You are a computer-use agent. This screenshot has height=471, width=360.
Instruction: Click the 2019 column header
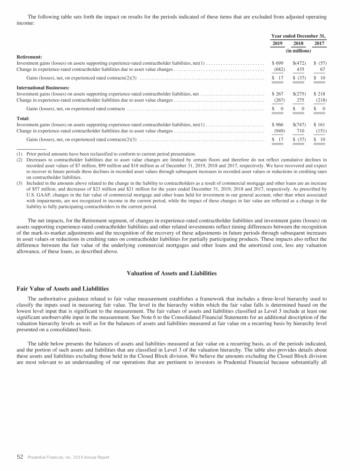pyautogui.click(x=278, y=43)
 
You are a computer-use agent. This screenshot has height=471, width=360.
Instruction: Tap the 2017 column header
pyautogui.click(x=319, y=43)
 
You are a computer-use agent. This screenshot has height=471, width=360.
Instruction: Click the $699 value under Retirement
pyautogui.click(x=278, y=62)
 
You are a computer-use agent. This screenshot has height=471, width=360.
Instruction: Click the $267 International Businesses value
pyautogui.click(x=278, y=94)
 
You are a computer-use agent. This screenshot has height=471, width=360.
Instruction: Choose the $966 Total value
pyautogui.click(x=278, y=125)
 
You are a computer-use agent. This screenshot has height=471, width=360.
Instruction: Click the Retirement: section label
pyautogui.click(x=30, y=56)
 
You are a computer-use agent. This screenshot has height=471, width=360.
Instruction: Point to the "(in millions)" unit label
pyautogui.click(x=299, y=51)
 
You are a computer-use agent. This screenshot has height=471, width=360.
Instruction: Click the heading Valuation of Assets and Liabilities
pyautogui.click(x=180, y=274)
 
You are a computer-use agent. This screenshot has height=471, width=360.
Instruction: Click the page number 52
pyautogui.click(x=20, y=456)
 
